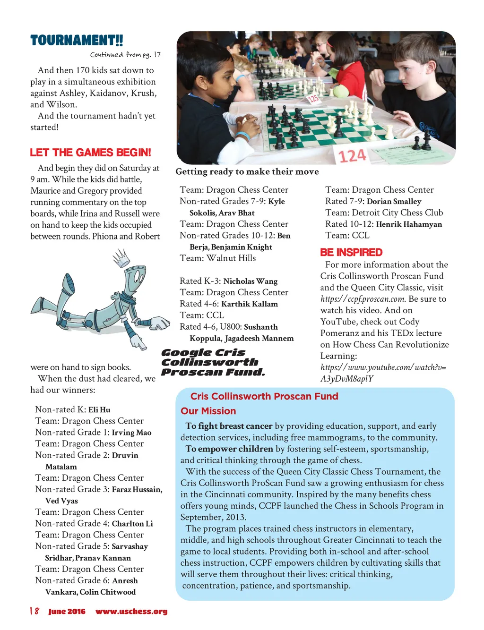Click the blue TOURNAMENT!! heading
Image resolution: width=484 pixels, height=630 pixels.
point(77,40)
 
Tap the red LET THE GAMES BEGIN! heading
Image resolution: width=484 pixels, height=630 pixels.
point(90,153)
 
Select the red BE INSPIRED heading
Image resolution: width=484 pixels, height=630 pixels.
point(351,252)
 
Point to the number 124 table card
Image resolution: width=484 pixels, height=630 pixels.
point(352,155)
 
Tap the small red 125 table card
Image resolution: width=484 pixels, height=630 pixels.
point(313,98)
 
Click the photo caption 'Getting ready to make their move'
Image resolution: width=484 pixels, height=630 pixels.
point(247,172)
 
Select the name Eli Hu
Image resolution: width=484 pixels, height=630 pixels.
point(99,410)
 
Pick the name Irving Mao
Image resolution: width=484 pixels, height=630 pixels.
point(131,433)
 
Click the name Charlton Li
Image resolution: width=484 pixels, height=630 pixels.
point(132,524)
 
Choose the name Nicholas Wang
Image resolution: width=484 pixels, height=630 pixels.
point(250,281)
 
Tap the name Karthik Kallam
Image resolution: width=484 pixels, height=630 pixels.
point(249,304)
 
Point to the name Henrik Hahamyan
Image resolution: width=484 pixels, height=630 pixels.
point(409,224)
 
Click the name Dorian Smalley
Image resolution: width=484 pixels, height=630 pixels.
point(394,202)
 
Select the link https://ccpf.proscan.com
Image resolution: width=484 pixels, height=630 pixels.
point(363,299)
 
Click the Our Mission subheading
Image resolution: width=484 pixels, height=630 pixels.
point(208,411)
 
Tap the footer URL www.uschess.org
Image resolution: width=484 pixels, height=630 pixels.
point(131,612)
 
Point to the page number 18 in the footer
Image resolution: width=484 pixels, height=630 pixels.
point(35,612)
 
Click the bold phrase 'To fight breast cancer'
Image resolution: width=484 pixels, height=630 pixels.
point(229,426)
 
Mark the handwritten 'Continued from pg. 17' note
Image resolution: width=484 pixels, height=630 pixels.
point(125,55)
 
